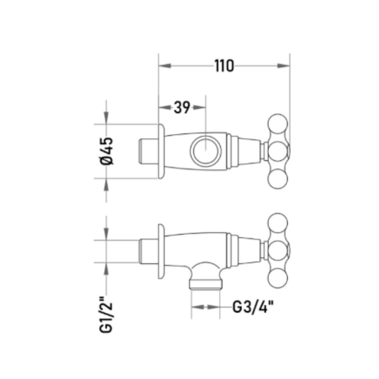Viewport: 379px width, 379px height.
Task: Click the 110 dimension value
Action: point(224,66)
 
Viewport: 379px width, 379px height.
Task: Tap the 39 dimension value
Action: point(182,107)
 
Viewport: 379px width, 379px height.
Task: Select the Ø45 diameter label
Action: point(106,151)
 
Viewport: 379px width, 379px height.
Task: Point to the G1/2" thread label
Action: point(106,314)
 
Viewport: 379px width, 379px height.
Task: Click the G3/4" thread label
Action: point(253,307)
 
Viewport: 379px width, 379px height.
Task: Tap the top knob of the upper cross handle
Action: point(278,124)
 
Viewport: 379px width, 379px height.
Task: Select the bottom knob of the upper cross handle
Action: point(278,179)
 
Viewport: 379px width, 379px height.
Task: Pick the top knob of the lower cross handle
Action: point(278,223)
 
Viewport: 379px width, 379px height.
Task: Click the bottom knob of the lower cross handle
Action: point(278,278)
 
